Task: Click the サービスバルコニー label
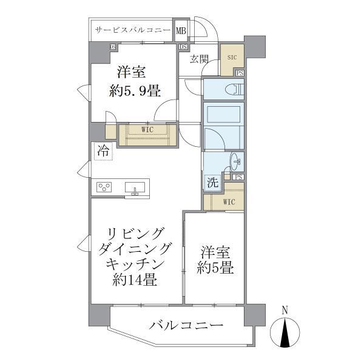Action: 132,30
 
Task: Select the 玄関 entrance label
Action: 198,59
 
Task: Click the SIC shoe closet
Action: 232,58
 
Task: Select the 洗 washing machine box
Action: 212,182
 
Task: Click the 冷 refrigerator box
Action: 103,151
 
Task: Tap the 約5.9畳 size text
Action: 135,92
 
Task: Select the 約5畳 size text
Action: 215,268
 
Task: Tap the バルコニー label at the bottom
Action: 186,326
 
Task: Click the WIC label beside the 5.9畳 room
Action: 147,129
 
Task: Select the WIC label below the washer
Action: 229,201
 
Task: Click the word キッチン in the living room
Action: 135,264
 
